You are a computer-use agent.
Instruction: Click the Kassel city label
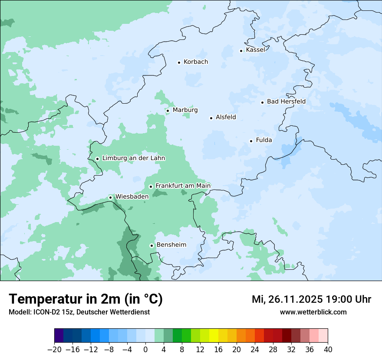[255, 50]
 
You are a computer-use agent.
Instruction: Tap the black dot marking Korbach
[179, 62]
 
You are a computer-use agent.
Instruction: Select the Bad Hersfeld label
[286, 101]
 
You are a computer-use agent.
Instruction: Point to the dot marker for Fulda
[251, 141]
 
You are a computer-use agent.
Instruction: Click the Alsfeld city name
[226, 117]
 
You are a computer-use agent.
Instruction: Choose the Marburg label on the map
[185, 110]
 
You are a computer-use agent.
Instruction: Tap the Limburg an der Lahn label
[133, 158]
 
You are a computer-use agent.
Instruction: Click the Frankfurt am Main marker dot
[151, 187]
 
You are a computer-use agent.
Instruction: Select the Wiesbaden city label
[132, 196]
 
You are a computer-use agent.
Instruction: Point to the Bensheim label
[171, 245]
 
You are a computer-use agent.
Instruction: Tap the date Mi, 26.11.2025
[287, 299]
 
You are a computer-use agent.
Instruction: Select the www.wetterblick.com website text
[313, 312]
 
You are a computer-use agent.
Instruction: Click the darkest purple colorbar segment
[59, 336]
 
